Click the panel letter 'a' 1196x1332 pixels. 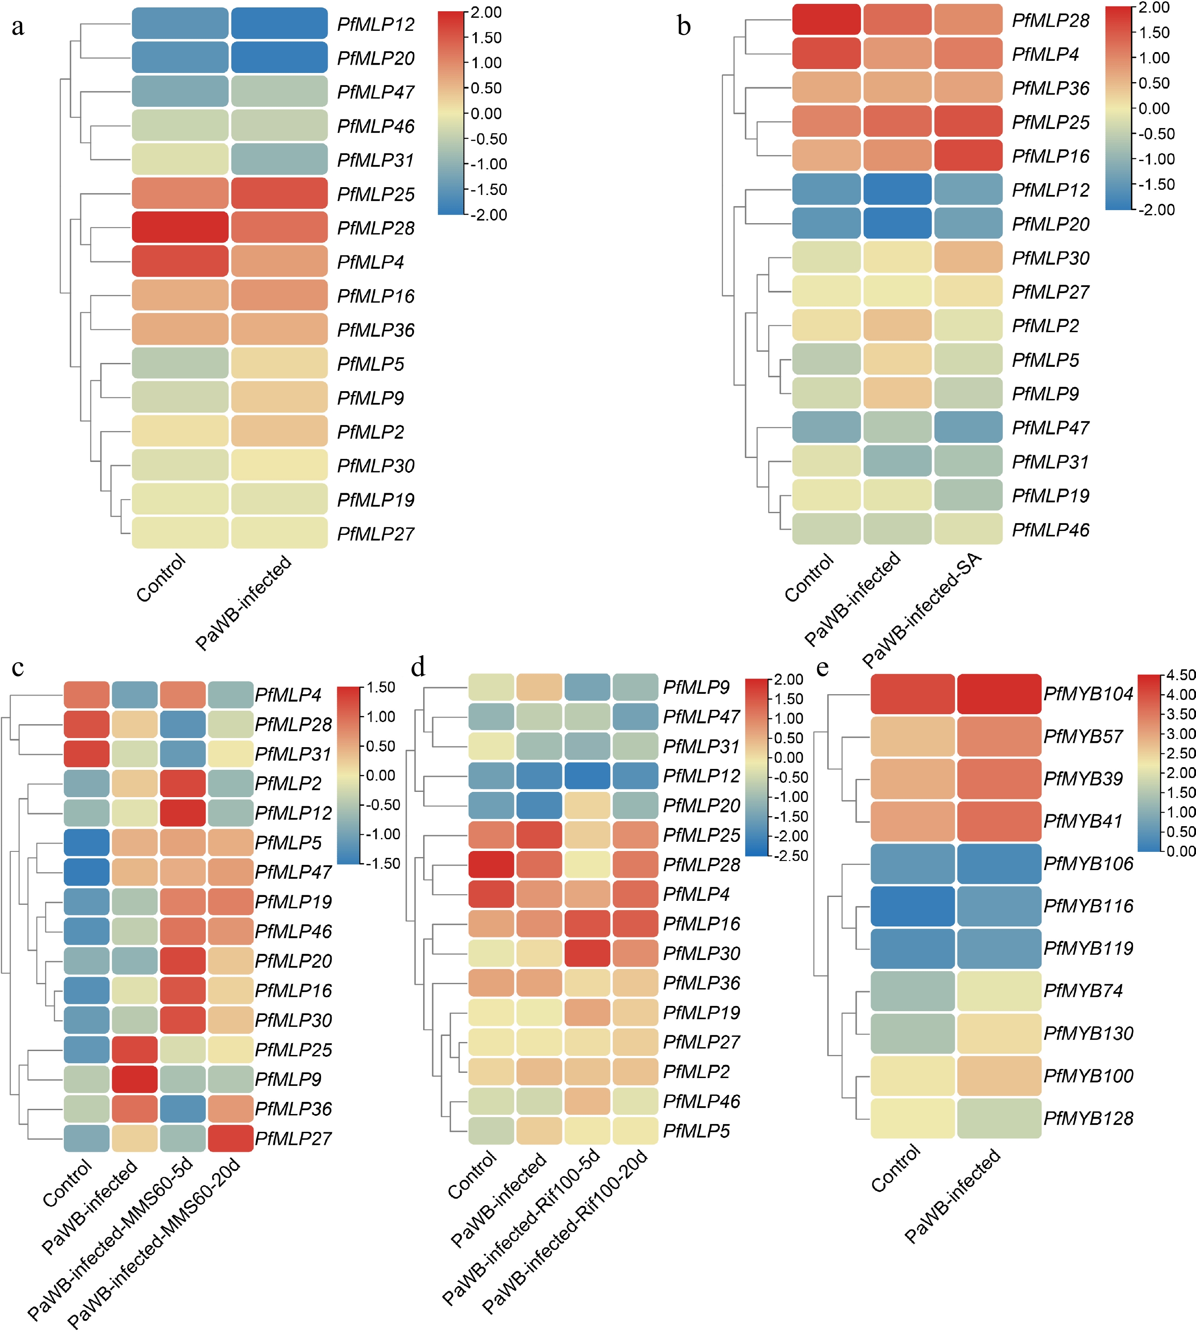click(18, 27)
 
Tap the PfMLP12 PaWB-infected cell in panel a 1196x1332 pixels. click(279, 24)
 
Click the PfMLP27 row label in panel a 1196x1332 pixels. click(375, 534)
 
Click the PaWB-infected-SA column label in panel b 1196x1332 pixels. click(922, 610)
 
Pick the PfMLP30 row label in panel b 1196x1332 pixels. click(1050, 258)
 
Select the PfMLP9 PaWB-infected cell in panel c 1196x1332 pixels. click(135, 1079)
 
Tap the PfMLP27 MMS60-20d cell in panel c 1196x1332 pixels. click(231, 1138)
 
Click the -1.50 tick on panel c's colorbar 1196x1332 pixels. click(382, 863)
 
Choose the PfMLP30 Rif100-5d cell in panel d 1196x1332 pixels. click(588, 953)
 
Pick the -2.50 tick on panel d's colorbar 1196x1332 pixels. click(791, 855)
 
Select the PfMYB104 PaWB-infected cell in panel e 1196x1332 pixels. click(999, 694)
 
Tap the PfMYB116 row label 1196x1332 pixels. click(1088, 906)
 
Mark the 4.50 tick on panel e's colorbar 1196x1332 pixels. click(1181, 675)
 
